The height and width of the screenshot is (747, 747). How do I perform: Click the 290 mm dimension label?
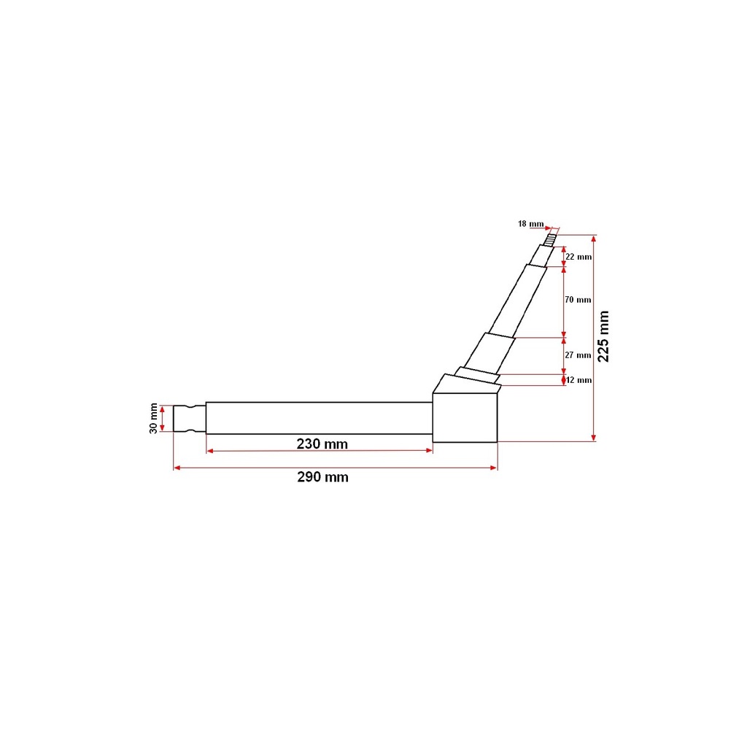[x=322, y=477]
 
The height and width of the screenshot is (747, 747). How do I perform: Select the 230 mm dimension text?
[x=322, y=444]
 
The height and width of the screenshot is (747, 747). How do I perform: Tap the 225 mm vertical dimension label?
[x=603, y=336]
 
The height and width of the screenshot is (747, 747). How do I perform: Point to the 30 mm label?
[x=153, y=418]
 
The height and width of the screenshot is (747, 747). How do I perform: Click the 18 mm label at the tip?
[x=531, y=223]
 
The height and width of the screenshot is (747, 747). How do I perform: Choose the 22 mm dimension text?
[x=578, y=257]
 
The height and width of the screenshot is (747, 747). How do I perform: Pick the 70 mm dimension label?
[x=578, y=300]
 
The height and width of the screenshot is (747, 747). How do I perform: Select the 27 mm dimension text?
[x=578, y=355]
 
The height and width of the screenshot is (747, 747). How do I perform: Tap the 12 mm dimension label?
[x=578, y=380]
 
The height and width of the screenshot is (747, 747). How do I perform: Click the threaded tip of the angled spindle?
[x=550, y=239]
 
